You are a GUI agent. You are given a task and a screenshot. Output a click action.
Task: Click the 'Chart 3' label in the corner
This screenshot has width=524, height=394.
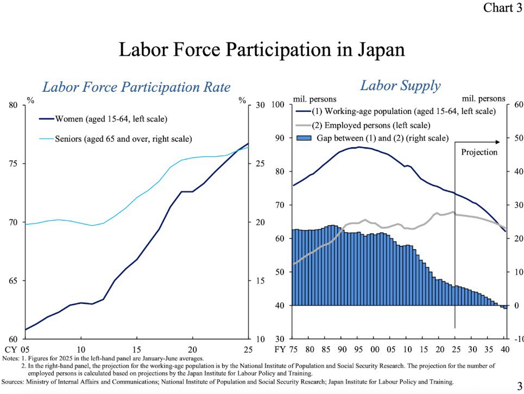click(502, 8)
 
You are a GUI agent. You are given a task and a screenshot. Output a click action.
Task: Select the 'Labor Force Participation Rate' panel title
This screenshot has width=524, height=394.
click(136, 87)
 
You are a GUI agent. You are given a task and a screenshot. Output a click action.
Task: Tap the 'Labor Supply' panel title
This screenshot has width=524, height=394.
click(400, 86)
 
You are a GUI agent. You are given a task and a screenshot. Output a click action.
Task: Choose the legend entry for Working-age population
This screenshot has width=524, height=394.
click(402, 111)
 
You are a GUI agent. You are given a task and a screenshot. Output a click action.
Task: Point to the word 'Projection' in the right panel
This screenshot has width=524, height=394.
click(479, 152)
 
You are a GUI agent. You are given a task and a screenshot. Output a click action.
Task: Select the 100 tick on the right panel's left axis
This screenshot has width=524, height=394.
click(279, 104)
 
